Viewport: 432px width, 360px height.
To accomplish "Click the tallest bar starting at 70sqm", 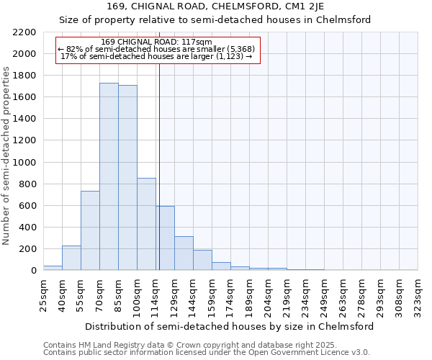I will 109,176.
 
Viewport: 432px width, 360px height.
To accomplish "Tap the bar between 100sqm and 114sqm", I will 146,224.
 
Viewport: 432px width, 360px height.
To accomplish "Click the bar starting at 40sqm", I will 71,258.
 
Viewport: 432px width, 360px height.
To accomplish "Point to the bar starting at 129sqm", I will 184,253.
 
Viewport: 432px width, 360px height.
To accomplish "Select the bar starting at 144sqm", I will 202,260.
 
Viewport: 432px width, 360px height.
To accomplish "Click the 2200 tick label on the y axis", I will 24,32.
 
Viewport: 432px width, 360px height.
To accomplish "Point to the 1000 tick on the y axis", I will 24,163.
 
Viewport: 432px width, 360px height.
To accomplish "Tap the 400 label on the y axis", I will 27,228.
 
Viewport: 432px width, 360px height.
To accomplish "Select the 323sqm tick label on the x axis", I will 418,295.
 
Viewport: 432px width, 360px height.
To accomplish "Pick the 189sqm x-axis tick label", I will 249,295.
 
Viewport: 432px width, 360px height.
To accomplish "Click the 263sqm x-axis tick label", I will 343,295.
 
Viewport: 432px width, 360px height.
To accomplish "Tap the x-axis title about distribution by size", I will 230,326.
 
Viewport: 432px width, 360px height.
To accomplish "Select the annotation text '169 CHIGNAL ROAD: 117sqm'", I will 156,42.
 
